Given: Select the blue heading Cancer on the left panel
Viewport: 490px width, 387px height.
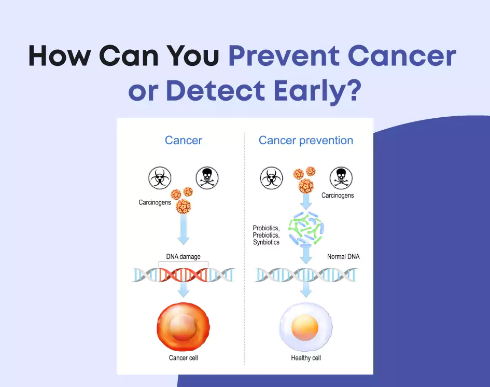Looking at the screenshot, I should [184, 140].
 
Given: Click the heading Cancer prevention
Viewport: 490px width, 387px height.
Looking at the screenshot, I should [306, 140].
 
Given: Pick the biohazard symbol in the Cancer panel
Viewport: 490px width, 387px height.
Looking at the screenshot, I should [160, 178].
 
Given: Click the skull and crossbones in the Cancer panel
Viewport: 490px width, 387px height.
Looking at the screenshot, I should [207, 178].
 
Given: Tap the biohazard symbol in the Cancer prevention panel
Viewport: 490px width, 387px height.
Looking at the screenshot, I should [271, 178].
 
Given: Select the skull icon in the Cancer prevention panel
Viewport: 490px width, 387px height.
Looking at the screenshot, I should [341, 178].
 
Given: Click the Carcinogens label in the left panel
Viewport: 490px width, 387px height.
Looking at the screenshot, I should [155, 202].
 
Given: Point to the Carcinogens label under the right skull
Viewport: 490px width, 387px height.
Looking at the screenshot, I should [338, 196].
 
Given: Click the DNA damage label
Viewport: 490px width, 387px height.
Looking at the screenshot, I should [183, 256].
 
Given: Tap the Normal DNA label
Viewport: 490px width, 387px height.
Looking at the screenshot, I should [343, 256].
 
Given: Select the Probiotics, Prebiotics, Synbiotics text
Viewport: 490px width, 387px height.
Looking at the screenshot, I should [267, 235].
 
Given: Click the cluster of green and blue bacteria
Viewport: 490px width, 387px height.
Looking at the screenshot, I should [306, 228].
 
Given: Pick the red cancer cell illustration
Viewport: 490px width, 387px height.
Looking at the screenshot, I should [184, 327].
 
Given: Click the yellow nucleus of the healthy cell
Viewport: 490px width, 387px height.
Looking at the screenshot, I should [305, 327].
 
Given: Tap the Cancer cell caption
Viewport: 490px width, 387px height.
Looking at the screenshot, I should [184, 358].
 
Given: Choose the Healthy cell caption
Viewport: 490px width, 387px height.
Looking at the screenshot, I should [306, 358].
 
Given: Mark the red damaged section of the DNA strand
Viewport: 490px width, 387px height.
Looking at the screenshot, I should [183, 275].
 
